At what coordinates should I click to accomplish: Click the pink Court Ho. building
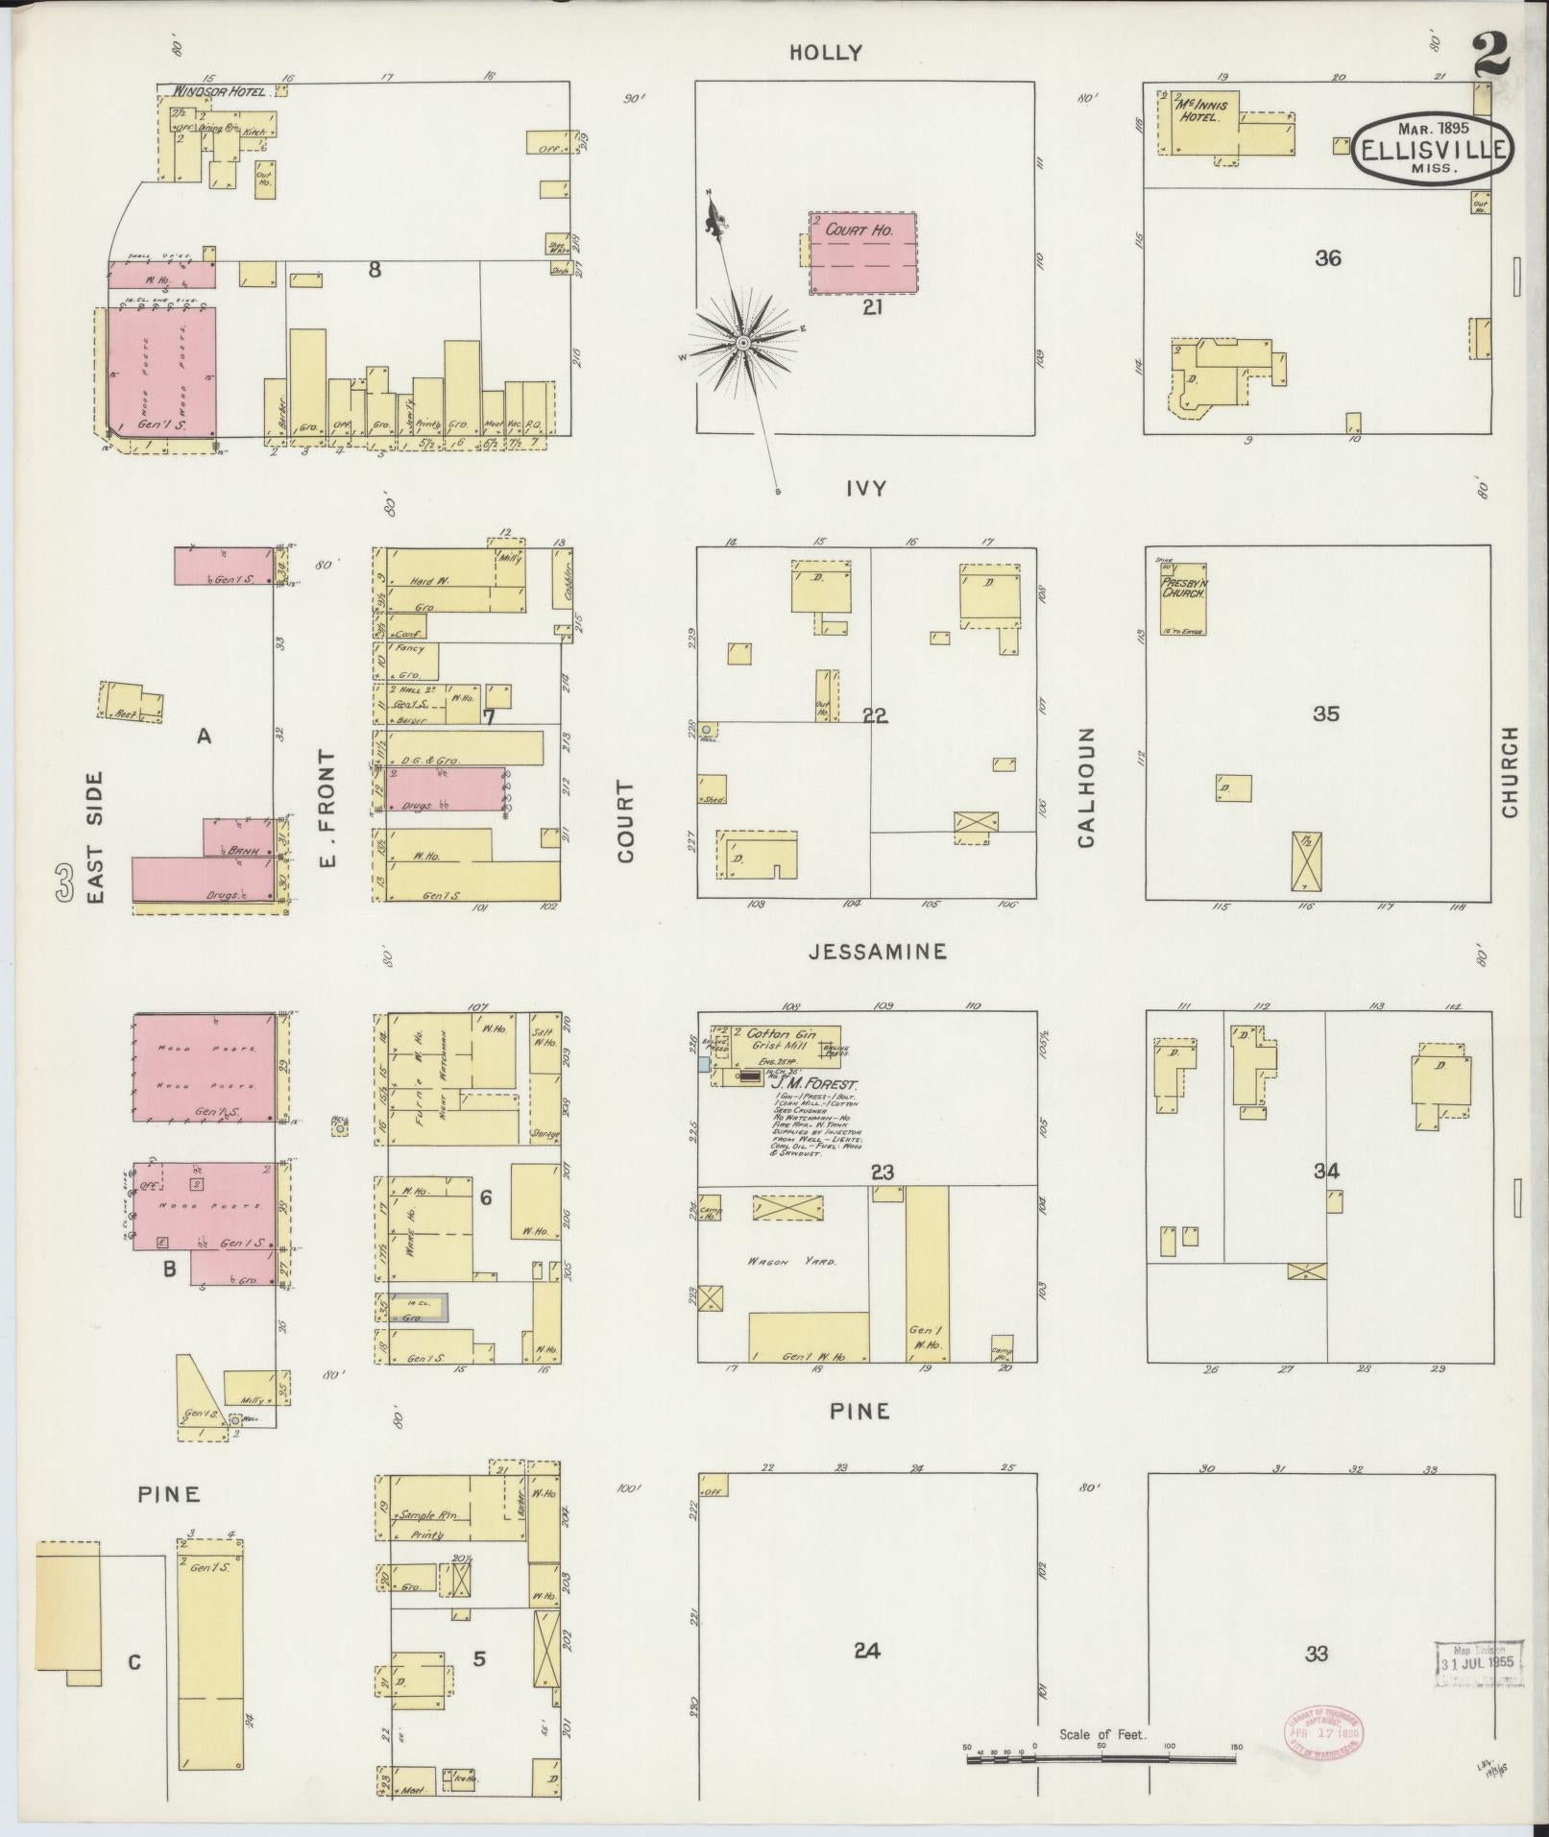[861, 253]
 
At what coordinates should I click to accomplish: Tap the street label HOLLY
[826, 53]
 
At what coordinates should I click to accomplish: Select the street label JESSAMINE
[878, 951]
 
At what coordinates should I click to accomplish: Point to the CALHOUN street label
[1086, 787]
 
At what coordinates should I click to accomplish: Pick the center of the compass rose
[742, 343]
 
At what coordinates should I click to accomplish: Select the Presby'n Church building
[1182, 599]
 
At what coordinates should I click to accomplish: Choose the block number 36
[1327, 258]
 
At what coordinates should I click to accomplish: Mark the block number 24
[866, 1651]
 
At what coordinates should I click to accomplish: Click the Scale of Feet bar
[1101, 1759]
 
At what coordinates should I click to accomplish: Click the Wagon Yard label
[804, 1261]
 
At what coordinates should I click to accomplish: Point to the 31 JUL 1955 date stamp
[1479, 1662]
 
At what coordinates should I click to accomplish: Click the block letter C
[134, 1662]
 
